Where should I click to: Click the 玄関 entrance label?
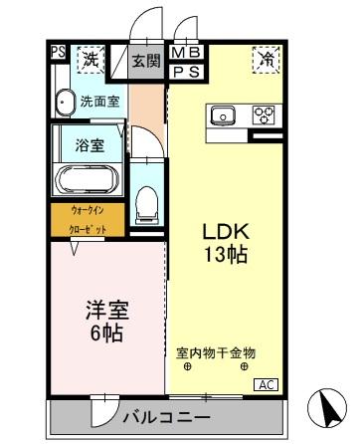click(146, 61)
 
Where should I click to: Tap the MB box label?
click(186, 53)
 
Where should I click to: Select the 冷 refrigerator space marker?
click(267, 58)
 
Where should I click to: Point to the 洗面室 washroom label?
click(100, 102)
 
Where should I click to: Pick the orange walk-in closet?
click(88, 220)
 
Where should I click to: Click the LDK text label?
click(226, 232)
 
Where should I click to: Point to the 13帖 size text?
click(226, 255)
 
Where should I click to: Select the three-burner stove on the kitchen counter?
click(263, 114)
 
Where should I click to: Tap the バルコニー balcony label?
click(166, 417)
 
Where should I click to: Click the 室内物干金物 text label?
click(216, 352)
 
